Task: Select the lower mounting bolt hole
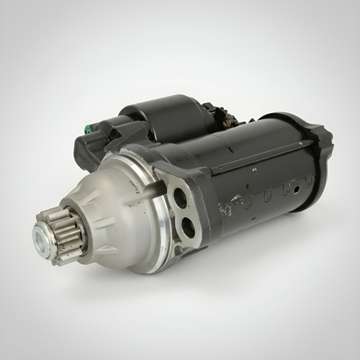pos(188,228)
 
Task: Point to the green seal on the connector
pos(87,130)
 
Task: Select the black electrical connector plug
pos(101,140)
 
